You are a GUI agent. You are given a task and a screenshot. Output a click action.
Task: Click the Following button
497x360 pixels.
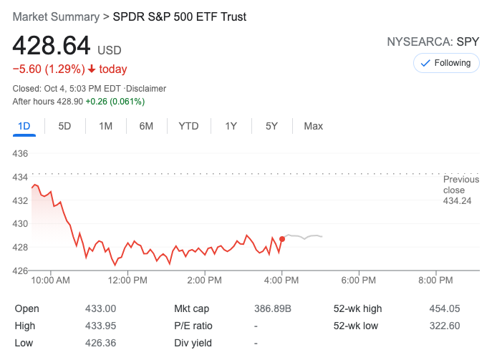(445, 63)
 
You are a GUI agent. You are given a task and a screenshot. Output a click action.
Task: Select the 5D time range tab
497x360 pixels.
(64, 126)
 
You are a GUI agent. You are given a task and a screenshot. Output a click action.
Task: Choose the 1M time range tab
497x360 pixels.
(105, 126)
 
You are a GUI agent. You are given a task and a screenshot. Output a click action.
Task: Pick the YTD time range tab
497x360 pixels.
(188, 126)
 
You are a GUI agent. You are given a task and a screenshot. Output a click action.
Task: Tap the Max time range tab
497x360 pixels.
(313, 126)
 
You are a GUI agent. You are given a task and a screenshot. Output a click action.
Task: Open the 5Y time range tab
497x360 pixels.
(271, 126)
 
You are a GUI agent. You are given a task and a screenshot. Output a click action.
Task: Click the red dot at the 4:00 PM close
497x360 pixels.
(282, 238)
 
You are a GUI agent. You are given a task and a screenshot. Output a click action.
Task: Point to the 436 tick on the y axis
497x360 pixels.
(20, 154)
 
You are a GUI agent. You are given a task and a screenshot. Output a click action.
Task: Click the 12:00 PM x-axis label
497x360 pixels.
(127, 280)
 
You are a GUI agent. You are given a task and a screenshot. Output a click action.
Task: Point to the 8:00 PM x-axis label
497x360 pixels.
(435, 280)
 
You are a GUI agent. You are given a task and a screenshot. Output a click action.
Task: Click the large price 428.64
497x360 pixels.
(52, 47)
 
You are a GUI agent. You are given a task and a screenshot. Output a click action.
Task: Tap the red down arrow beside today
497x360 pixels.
(92, 69)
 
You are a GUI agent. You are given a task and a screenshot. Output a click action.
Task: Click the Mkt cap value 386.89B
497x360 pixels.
(273, 308)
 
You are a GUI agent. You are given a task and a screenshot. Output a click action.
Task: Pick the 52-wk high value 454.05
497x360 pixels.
(444, 308)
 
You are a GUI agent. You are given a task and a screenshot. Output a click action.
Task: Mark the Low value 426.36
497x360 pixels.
(100, 343)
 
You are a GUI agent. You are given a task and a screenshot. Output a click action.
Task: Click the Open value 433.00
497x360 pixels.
(100, 308)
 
